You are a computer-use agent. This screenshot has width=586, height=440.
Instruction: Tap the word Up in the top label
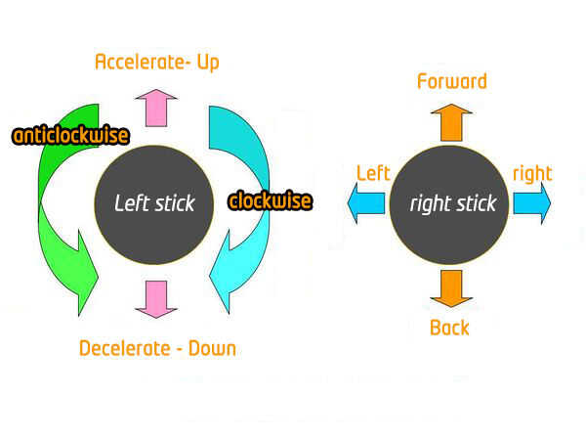pyautogui.click(x=206, y=63)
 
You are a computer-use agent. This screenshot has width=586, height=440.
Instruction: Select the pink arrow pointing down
pyautogui.click(x=156, y=298)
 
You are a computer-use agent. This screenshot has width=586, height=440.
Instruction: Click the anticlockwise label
pyautogui.click(x=70, y=135)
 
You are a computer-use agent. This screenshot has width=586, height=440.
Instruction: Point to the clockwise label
pyautogui.click(x=270, y=201)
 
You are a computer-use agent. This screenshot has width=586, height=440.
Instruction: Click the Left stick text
pyautogui.click(x=154, y=203)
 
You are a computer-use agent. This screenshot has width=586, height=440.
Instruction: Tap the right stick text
pyautogui.click(x=452, y=203)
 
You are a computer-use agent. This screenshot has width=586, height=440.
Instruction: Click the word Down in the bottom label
pyautogui.click(x=214, y=348)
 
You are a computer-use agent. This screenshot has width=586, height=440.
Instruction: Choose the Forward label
pyautogui.click(x=451, y=81)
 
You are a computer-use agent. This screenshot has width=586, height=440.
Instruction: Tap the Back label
pyautogui.click(x=449, y=328)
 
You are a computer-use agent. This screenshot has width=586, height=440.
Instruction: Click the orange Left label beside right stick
pyautogui.click(x=373, y=174)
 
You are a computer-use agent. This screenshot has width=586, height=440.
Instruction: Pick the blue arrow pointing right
pyautogui.click(x=532, y=203)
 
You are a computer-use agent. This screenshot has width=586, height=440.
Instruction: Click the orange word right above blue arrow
pyautogui.click(x=532, y=174)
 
